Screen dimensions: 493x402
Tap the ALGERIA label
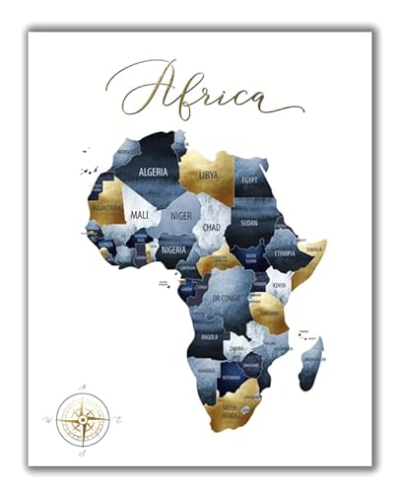[x=159, y=172]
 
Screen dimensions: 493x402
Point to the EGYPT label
[x=250, y=181]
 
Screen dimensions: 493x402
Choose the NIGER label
[x=180, y=214]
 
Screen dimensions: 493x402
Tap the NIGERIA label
[x=174, y=250]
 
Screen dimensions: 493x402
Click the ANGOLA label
[x=210, y=338]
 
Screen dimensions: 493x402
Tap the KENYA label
[x=279, y=286]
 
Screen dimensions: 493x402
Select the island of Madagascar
[x=312, y=360]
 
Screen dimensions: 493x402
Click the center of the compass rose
[x=82, y=419]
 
